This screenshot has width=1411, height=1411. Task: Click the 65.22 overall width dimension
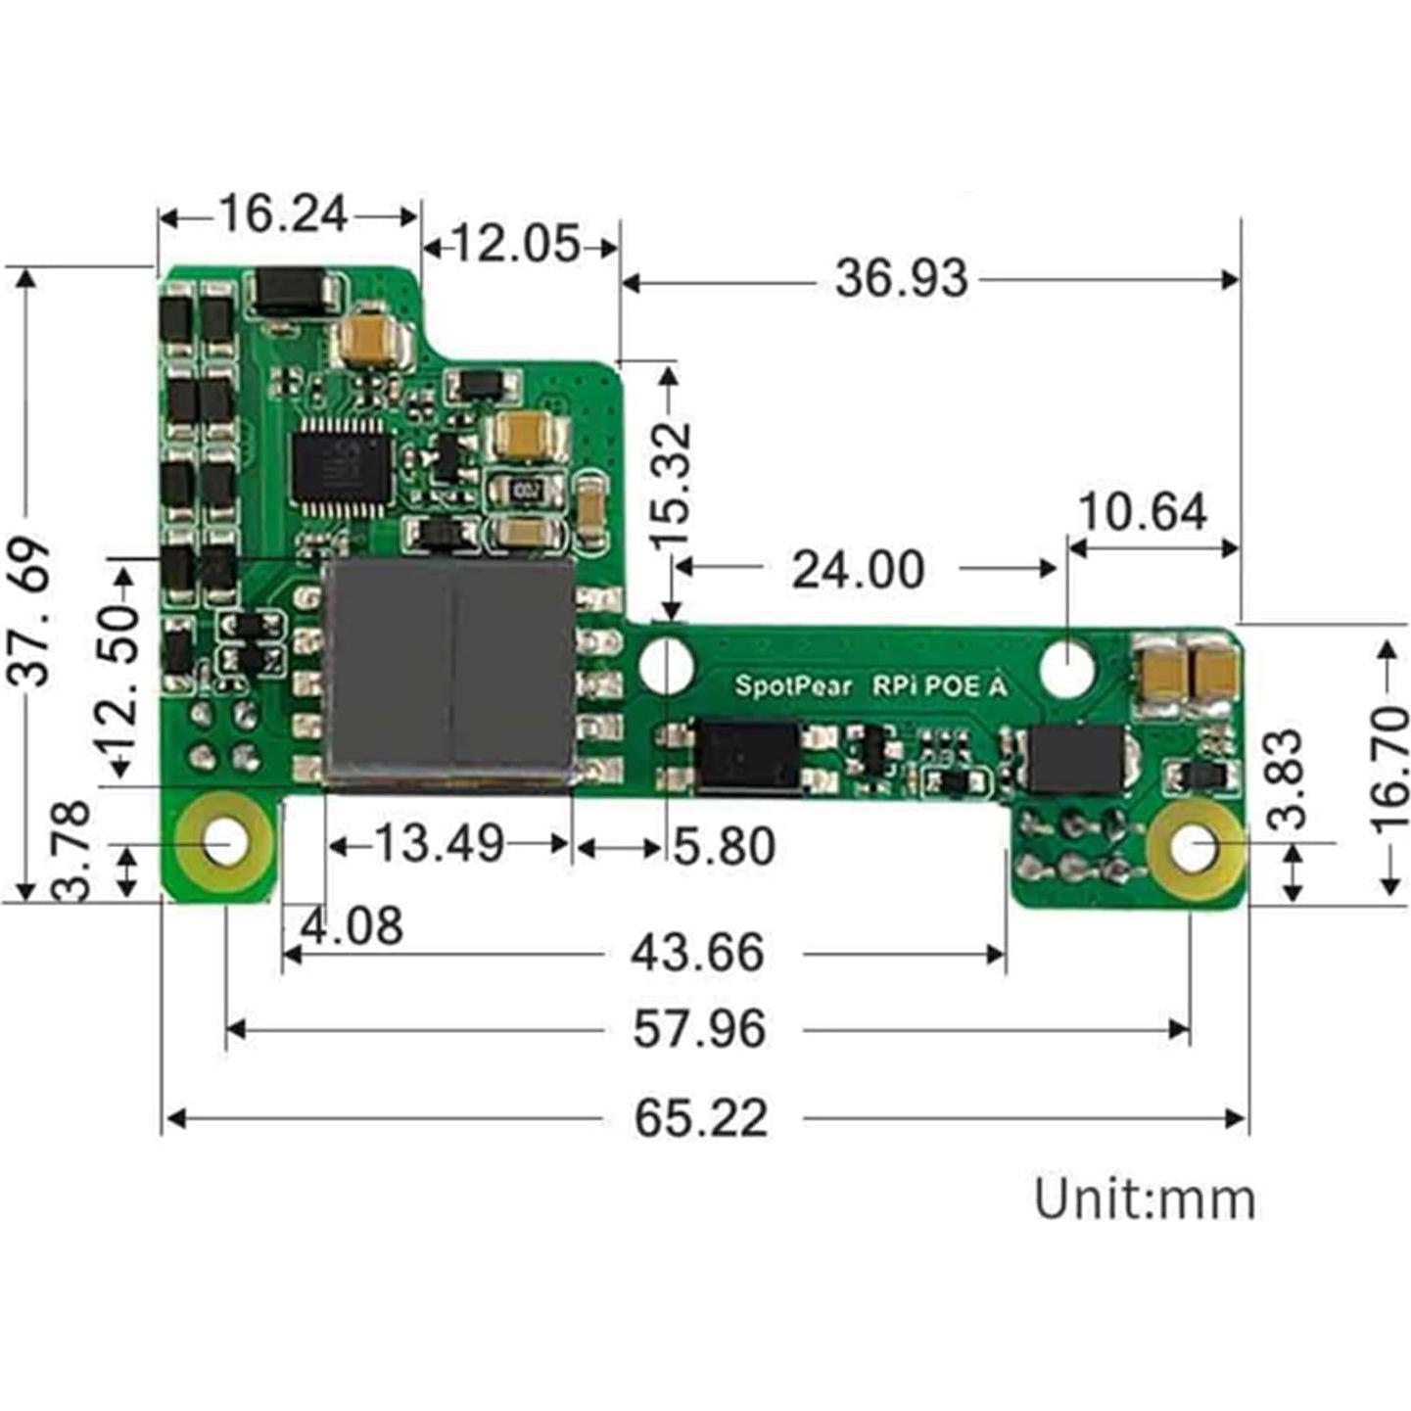click(700, 1117)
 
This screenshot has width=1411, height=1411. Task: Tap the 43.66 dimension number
click(696, 953)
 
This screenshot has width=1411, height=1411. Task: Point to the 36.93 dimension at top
click(901, 279)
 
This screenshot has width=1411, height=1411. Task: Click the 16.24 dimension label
click(283, 214)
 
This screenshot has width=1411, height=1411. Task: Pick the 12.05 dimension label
click(515, 244)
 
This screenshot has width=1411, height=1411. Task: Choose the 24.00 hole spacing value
click(857, 570)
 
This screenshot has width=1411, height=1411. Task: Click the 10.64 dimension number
click(1142, 512)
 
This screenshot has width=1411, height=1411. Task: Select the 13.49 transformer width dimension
click(440, 843)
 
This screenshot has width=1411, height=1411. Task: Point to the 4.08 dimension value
click(352, 926)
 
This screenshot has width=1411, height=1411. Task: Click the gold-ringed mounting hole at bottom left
click(226, 841)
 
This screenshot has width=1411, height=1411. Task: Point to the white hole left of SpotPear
click(666, 662)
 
